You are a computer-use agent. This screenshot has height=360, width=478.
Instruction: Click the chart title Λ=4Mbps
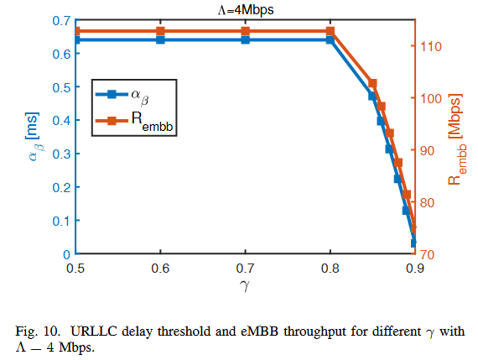(245, 9)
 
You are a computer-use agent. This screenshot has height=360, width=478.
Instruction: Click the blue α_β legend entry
(126, 95)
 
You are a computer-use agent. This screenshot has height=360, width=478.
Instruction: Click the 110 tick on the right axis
(433, 45)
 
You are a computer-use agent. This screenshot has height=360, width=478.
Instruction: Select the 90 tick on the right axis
(430, 150)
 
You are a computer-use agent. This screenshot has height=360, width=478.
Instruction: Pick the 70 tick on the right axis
(430, 254)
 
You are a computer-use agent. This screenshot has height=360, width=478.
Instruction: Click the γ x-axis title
(245, 286)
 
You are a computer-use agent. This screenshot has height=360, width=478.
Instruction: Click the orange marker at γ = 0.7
(246, 31)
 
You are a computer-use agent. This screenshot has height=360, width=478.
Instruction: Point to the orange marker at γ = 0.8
(330, 31)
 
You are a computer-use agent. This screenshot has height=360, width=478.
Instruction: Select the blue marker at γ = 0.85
(372, 97)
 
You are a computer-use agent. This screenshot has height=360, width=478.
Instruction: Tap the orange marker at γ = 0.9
(414, 227)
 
